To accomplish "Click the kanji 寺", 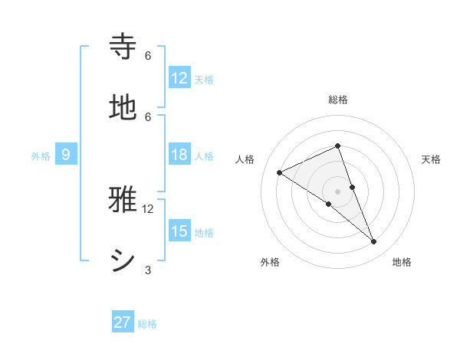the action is tap(123, 46).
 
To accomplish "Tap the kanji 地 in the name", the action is tap(123, 107).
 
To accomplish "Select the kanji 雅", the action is tap(123, 199).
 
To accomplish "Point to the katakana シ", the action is tap(123, 260).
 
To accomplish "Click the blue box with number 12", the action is tap(179, 77).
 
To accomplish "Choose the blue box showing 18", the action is tap(179, 155).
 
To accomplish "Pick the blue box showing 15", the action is tap(179, 231).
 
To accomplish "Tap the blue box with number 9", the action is tap(66, 155).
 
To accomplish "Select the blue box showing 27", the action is tap(123, 322).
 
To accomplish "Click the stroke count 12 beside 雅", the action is tap(148, 208).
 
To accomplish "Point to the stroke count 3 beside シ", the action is tap(148, 270).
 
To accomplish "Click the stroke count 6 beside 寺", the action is tap(148, 55).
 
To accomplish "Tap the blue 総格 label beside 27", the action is tap(147, 324).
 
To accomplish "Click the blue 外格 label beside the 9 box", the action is tap(41, 156).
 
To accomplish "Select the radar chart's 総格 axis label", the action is tap(338, 100).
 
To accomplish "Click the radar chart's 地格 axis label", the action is tap(402, 263).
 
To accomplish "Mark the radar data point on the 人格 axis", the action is tap(280, 172).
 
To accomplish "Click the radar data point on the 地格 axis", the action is tap(373, 242).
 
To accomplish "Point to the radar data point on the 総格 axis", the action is tap(338, 146).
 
